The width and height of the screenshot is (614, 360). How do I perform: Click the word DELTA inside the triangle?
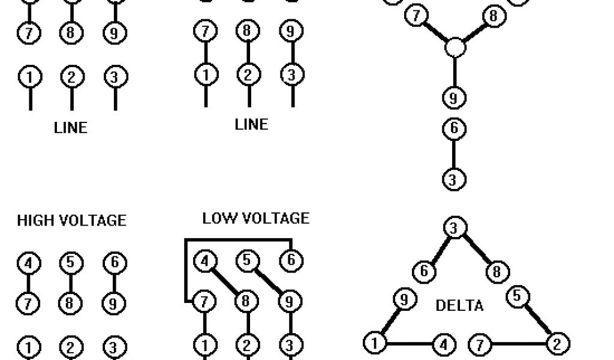pos(459,305)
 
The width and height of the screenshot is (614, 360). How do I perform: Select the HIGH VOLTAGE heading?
pos(71,221)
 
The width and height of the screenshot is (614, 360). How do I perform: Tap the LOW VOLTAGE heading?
pos(255,218)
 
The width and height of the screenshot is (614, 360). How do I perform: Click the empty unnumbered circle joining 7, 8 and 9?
pos(455,47)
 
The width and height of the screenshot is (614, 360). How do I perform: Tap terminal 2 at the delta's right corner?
pos(558,344)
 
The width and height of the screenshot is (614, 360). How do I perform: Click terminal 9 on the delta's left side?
pos(404,299)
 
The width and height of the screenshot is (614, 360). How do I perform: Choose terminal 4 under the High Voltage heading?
pos(28,263)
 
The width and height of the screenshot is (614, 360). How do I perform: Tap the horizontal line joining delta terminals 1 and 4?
pos(408,344)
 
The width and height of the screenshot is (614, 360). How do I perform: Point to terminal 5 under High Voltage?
pos(71,263)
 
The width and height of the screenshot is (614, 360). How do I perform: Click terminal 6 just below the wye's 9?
pos(454,129)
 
